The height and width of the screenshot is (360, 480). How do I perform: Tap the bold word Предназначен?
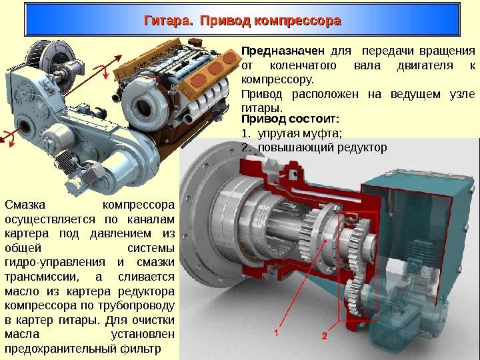283,51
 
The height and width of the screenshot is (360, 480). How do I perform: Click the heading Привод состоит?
290,119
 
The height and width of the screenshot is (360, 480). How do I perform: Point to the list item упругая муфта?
299,134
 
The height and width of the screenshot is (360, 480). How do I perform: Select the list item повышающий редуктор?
323,147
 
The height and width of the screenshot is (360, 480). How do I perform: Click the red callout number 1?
277,333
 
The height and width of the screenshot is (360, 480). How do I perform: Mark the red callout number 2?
325,336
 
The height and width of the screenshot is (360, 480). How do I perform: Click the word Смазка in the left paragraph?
25,205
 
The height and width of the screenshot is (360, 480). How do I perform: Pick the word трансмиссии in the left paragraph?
42,277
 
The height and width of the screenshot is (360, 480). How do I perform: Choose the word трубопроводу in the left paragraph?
136,305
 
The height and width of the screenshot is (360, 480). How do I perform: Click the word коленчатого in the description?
303,65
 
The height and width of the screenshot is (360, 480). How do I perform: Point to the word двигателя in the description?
425,65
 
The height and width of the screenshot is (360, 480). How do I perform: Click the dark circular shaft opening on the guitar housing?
25,127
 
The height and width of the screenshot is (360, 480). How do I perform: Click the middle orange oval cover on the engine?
215,69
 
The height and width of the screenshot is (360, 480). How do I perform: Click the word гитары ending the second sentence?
262,108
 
